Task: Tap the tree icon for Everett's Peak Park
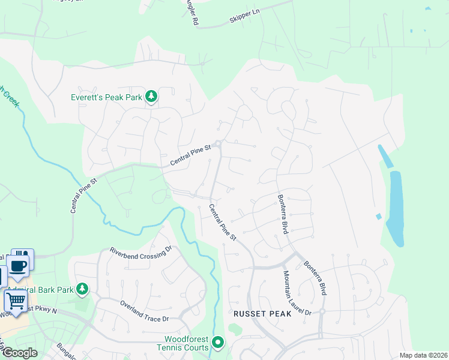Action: pos(151,96)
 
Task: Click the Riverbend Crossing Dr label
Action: pos(140,258)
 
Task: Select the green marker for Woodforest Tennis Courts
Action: pos(218,343)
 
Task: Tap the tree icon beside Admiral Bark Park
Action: pos(82,290)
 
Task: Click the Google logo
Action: pos(19,353)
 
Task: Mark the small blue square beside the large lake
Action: pos(378,216)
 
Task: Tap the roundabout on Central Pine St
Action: pos(219,143)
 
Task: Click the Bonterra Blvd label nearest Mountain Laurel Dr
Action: pos(315,277)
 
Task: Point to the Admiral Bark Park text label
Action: pos(41,290)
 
